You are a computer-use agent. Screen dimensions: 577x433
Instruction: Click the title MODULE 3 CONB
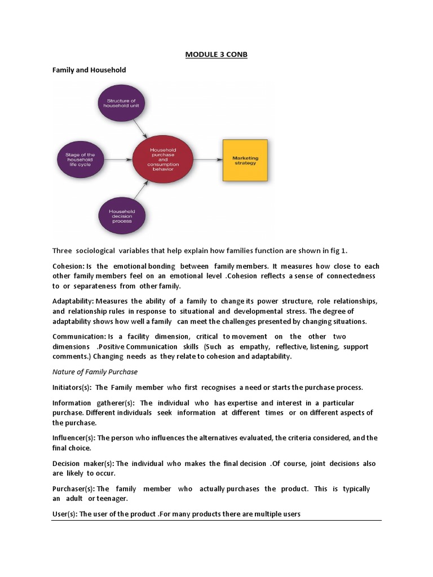tap(216, 55)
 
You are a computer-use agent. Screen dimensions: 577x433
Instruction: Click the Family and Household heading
tap(89, 70)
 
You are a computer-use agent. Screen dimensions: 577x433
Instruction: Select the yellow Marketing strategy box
tap(245, 160)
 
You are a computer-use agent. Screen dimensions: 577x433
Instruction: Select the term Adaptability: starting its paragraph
tap(73, 300)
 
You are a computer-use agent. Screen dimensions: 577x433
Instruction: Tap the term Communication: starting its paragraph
tap(76, 336)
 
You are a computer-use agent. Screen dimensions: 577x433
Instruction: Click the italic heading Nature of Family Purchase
tap(95, 372)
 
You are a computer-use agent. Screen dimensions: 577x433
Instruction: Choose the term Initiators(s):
tap(72, 387)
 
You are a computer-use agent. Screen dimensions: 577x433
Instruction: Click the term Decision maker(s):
tap(83, 463)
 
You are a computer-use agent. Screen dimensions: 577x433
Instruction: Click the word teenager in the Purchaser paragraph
tap(113, 499)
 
